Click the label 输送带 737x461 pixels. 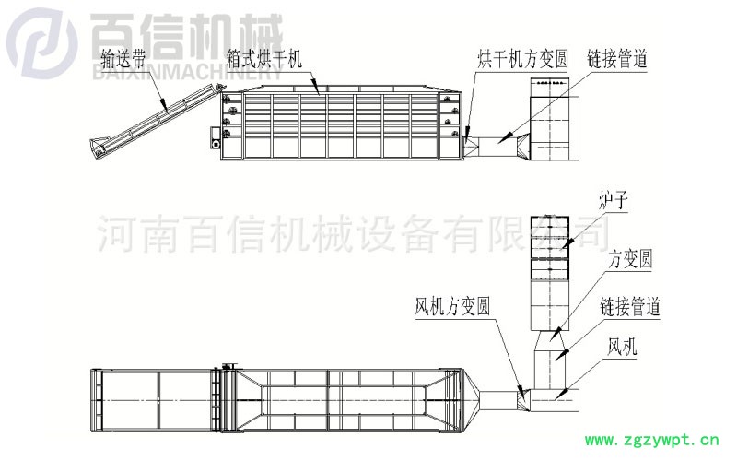(x=124, y=62)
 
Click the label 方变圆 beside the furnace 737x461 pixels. (x=630, y=261)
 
